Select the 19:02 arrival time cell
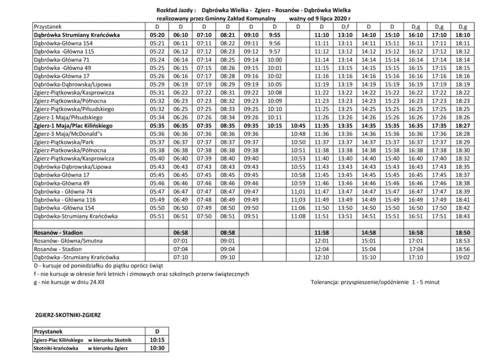tap(462, 257)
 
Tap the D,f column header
tap(345, 27)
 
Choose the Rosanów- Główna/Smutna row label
tap(68, 241)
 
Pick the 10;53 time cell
tap(298, 158)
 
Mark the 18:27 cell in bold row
tap(462, 126)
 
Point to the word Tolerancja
tap(325, 282)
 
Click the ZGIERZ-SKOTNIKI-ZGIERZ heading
tap(68, 315)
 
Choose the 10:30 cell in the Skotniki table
tap(157, 348)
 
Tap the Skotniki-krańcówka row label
tap(56, 348)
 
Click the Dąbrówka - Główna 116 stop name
tap(65, 200)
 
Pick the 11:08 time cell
tap(298, 216)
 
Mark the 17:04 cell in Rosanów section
tap(416, 249)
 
